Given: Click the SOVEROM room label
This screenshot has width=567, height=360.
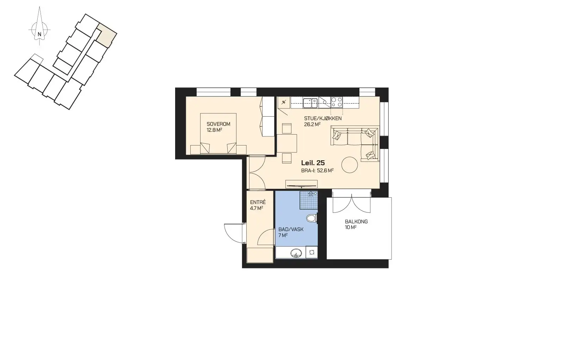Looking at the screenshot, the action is (x=218, y=124).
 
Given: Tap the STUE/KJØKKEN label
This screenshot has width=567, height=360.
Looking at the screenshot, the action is (x=323, y=118).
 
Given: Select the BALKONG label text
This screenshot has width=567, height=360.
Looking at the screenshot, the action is (x=356, y=222).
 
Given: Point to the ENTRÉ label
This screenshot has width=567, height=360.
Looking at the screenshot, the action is (x=258, y=203).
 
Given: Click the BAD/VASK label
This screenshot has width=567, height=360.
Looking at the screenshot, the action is (x=291, y=230).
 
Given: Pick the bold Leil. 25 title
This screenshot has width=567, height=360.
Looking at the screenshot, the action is (x=313, y=163).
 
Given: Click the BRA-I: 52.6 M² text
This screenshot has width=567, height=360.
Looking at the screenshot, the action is (x=317, y=170).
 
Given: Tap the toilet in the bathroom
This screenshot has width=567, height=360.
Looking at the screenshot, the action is (x=312, y=218).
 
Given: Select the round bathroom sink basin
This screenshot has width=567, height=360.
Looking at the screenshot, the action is (x=296, y=253).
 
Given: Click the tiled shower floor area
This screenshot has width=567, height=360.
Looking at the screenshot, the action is (x=309, y=200).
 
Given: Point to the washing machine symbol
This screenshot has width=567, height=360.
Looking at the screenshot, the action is (x=312, y=253).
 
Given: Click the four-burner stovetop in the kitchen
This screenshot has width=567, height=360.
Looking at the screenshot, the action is (x=337, y=102).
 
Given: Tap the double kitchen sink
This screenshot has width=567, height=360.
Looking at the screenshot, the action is (x=310, y=103).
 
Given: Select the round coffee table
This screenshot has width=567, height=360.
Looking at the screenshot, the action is (x=350, y=165).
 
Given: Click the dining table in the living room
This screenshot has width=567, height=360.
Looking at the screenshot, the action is (x=287, y=143).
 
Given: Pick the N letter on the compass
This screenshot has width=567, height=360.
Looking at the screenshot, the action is (x=39, y=34).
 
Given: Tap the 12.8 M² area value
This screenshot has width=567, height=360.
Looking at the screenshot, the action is (x=214, y=130).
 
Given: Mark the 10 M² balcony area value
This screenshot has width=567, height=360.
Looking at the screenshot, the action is (x=351, y=228).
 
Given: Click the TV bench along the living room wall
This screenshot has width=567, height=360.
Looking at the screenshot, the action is (x=301, y=184).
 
